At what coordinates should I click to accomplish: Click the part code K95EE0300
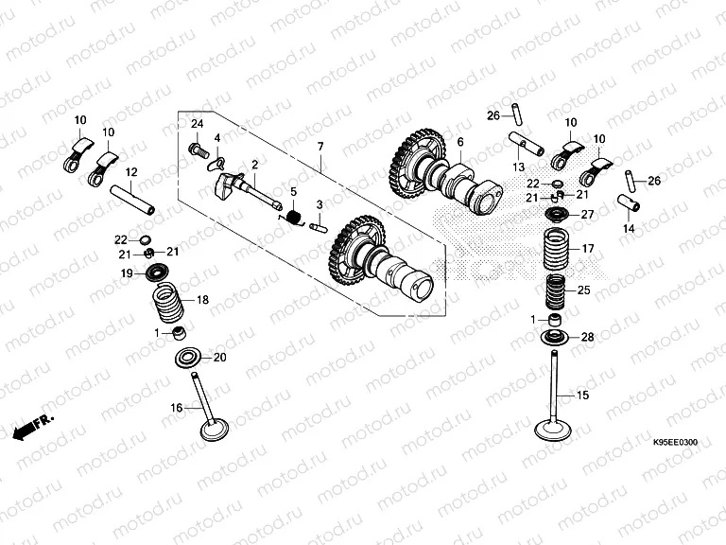[x=675, y=442]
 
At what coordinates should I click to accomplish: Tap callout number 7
[x=320, y=147]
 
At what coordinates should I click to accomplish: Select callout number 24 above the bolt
[x=198, y=125]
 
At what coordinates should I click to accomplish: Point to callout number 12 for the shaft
[x=131, y=172]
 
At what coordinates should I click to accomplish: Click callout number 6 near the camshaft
[x=460, y=143]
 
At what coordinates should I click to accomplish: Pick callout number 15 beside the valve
[x=583, y=394]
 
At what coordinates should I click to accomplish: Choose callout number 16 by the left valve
[x=176, y=408]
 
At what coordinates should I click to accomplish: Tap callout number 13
[x=518, y=167]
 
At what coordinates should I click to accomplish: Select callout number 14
[x=629, y=229]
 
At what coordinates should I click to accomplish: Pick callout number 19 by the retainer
[x=126, y=273]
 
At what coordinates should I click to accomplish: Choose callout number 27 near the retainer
[x=587, y=215]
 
